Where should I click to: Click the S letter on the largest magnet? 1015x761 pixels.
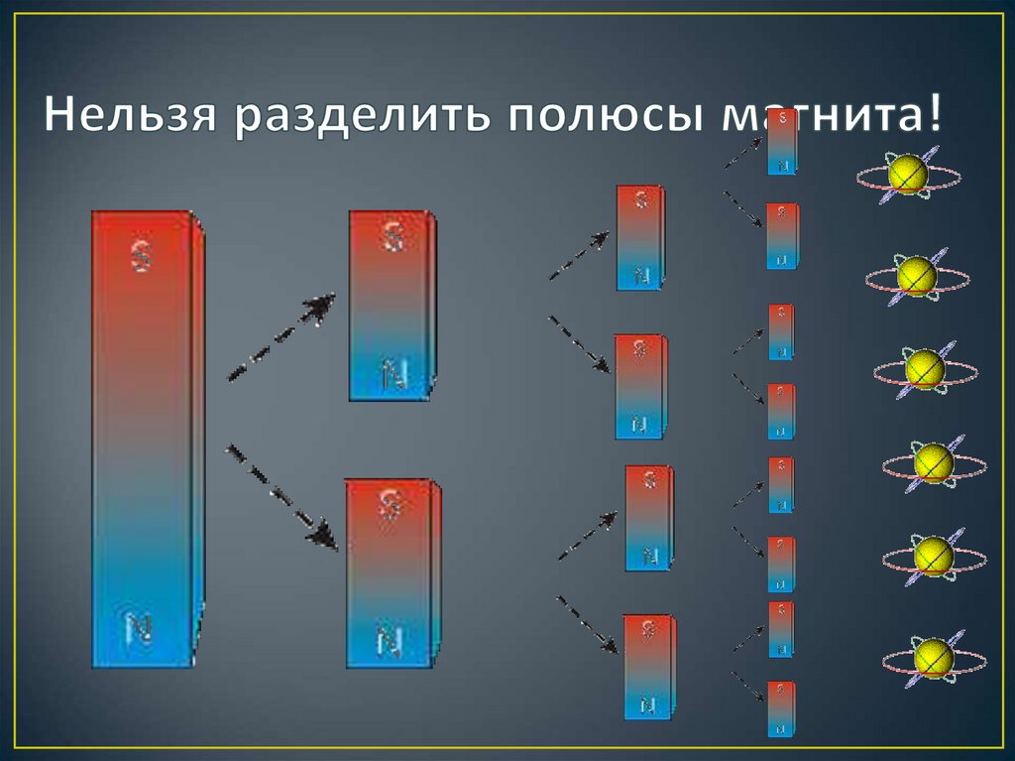point(142,257)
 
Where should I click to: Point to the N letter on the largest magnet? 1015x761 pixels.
point(140,627)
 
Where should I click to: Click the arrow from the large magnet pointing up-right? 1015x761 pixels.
point(282,337)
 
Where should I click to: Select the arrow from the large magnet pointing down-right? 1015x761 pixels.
point(282,496)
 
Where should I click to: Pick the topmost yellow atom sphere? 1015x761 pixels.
point(908,175)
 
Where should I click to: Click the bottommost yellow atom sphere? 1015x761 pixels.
point(933,657)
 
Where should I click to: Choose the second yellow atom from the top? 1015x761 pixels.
point(917,277)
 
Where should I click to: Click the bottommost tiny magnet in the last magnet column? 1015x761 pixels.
point(783,708)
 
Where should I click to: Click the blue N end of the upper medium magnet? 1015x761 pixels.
point(392,372)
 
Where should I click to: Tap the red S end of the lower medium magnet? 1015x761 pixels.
point(390,511)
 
